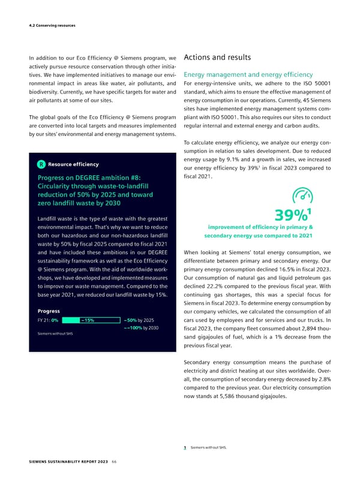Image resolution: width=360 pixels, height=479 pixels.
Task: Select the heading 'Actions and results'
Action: pos(216,58)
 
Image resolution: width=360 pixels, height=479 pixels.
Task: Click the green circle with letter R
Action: pos(40,164)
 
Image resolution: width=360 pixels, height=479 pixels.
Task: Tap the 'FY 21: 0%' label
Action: pos(43,320)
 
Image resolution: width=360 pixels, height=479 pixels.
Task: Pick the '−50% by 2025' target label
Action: pos(139,320)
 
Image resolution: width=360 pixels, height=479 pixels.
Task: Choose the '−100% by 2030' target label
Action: pos(140,328)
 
